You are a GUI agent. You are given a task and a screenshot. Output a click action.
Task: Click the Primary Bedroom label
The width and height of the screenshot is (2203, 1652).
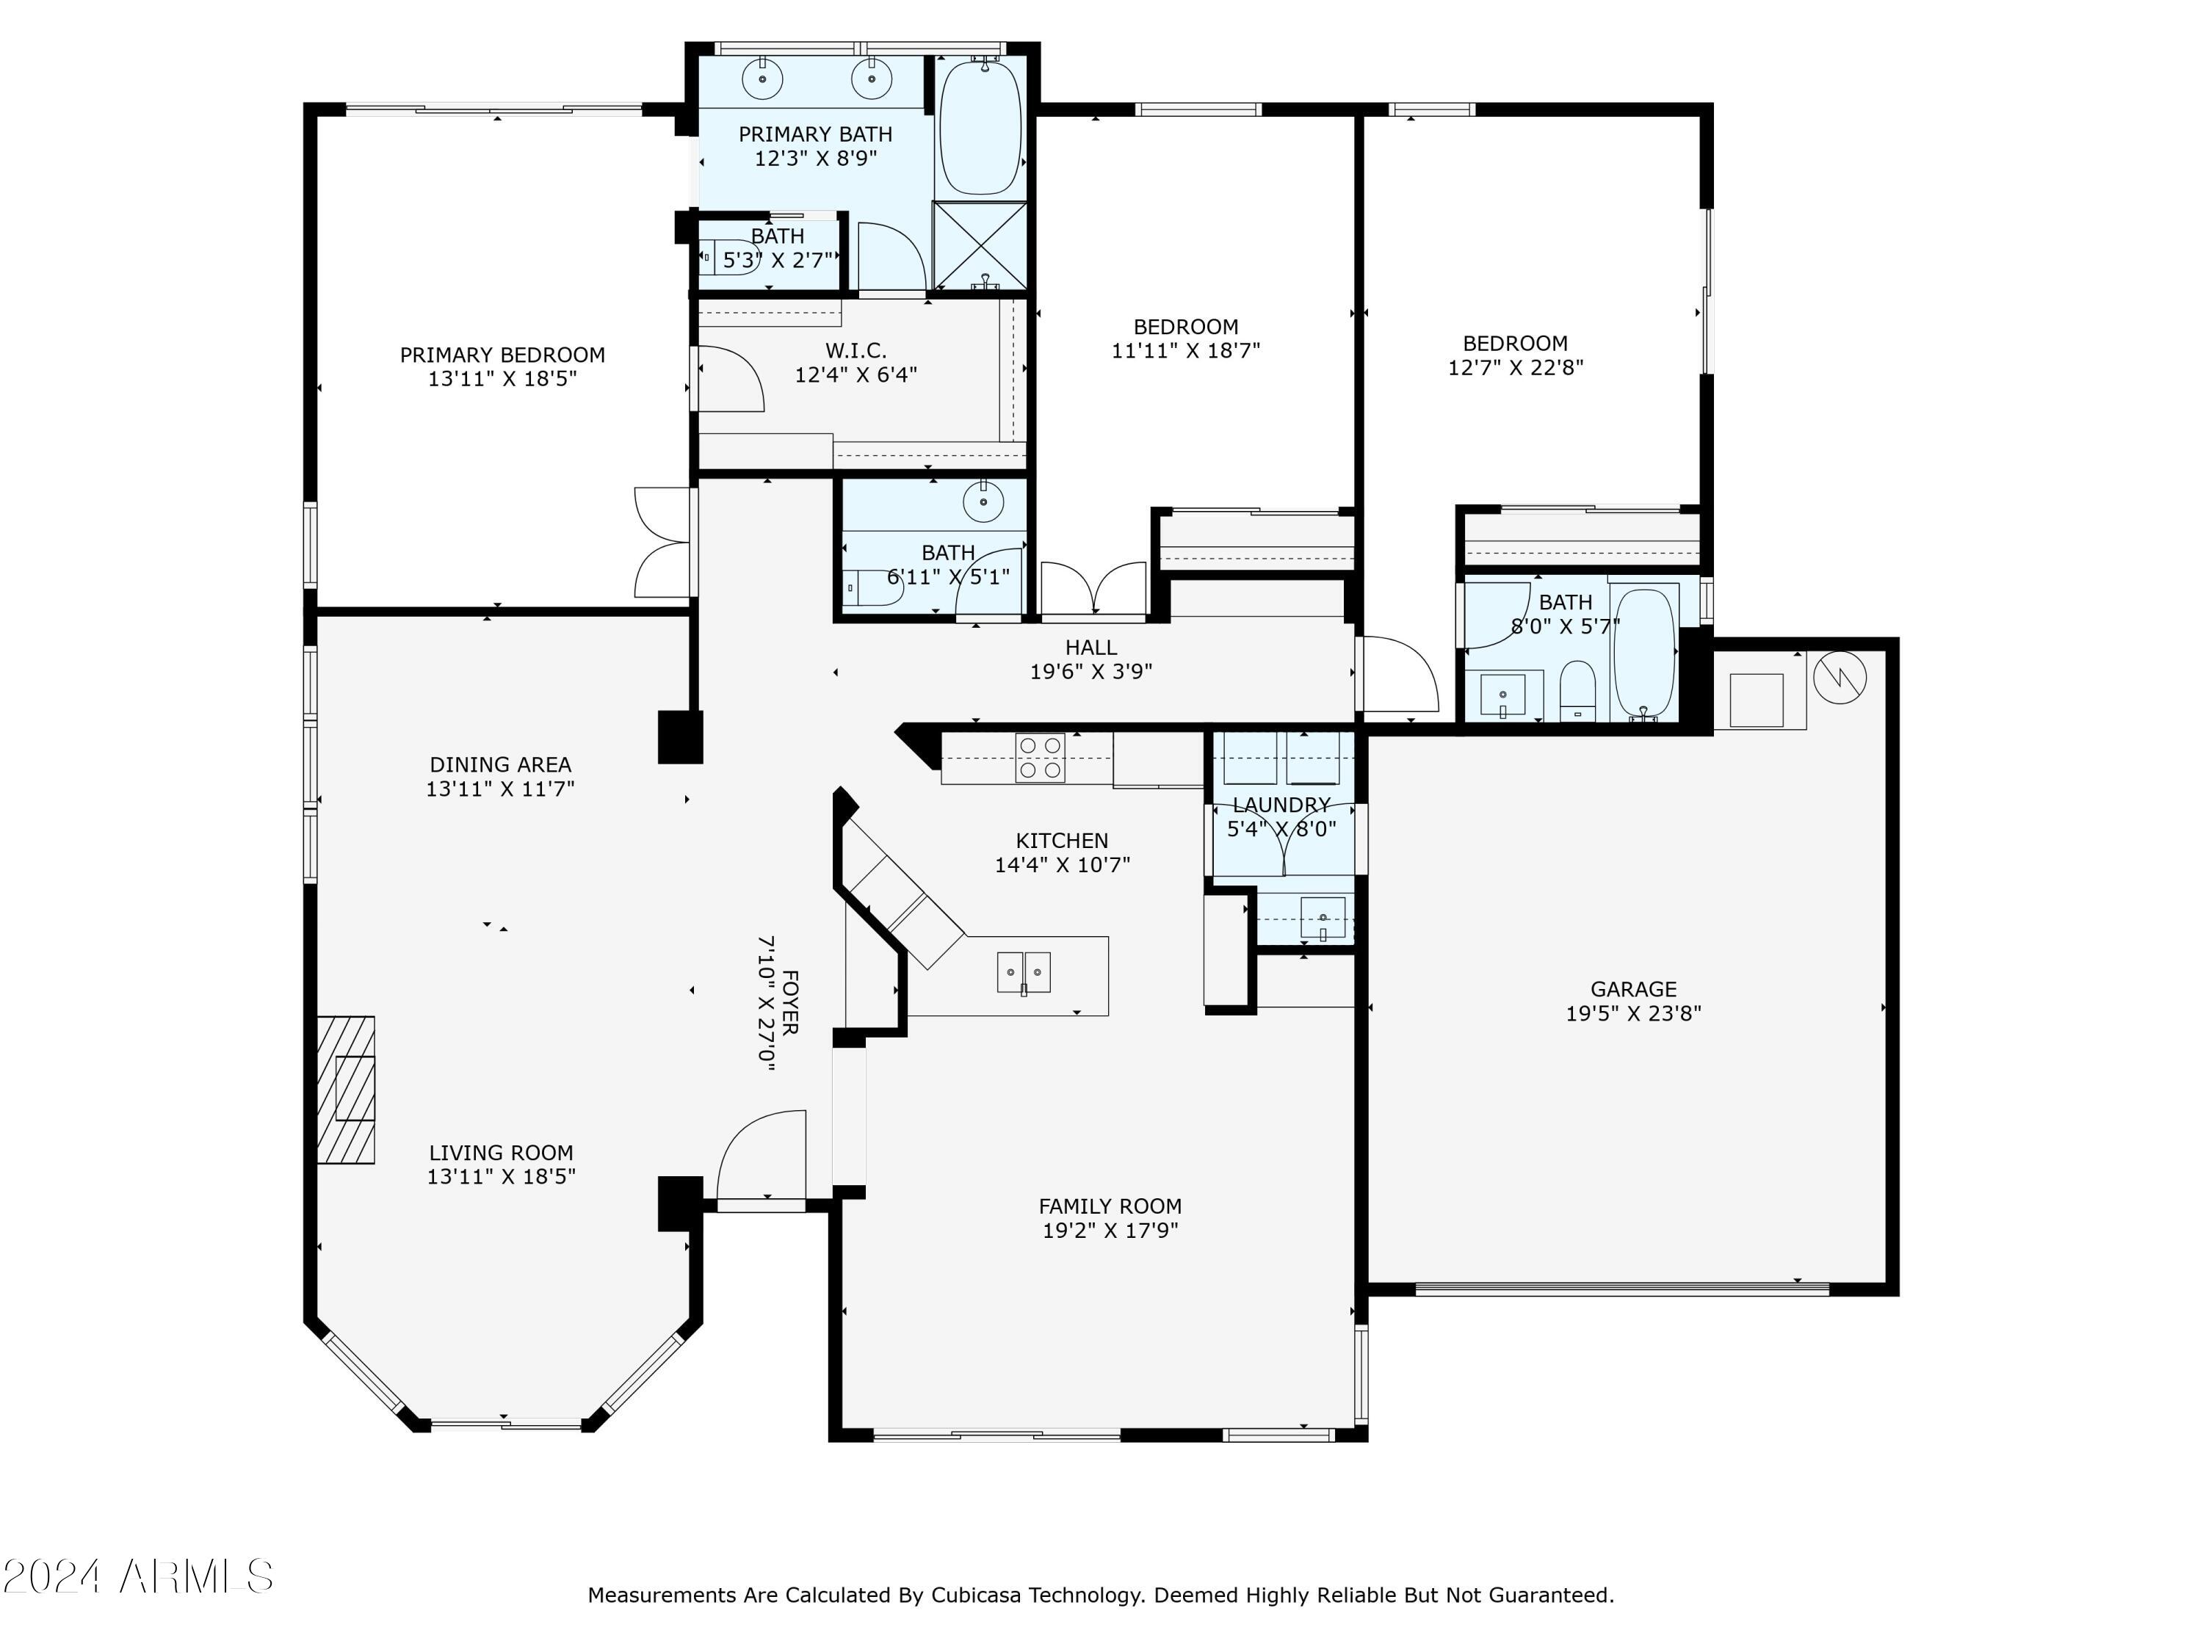click(x=502, y=355)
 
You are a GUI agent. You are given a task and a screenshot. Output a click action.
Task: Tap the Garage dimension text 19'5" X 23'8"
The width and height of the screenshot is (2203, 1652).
click(x=1633, y=1014)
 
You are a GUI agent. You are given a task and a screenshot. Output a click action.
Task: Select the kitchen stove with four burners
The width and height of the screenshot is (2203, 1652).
click(x=1040, y=758)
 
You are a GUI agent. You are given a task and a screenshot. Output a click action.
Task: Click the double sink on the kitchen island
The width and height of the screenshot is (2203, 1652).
click(x=1024, y=972)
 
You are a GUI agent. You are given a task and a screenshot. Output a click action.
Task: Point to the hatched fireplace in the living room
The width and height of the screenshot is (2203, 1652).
click(x=346, y=1090)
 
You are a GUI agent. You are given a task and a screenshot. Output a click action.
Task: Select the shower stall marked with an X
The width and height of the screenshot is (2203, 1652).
click(x=980, y=245)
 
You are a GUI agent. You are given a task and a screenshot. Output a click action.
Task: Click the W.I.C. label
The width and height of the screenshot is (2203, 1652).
click(x=855, y=350)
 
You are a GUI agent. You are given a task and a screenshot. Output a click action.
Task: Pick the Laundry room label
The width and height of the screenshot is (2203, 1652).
click(x=1281, y=805)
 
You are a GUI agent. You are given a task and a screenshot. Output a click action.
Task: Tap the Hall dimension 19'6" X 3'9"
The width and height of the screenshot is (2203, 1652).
click(x=1090, y=672)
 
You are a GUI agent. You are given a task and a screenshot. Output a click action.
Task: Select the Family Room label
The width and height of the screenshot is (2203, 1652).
click(x=1110, y=1206)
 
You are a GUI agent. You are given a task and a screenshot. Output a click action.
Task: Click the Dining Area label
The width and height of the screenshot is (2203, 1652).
click(x=500, y=765)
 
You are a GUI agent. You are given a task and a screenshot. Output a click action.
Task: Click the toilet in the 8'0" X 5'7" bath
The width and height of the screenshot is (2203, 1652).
click(x=1577, y=689)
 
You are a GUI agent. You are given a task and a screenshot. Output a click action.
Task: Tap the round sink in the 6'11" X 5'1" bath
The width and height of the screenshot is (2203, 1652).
click(x=983, y=503)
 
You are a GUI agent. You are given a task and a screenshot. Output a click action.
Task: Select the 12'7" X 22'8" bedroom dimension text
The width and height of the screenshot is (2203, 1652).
click(x=1515, y=367)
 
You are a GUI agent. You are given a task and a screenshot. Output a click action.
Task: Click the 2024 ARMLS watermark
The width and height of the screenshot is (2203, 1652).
click(x=139, y=1577)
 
